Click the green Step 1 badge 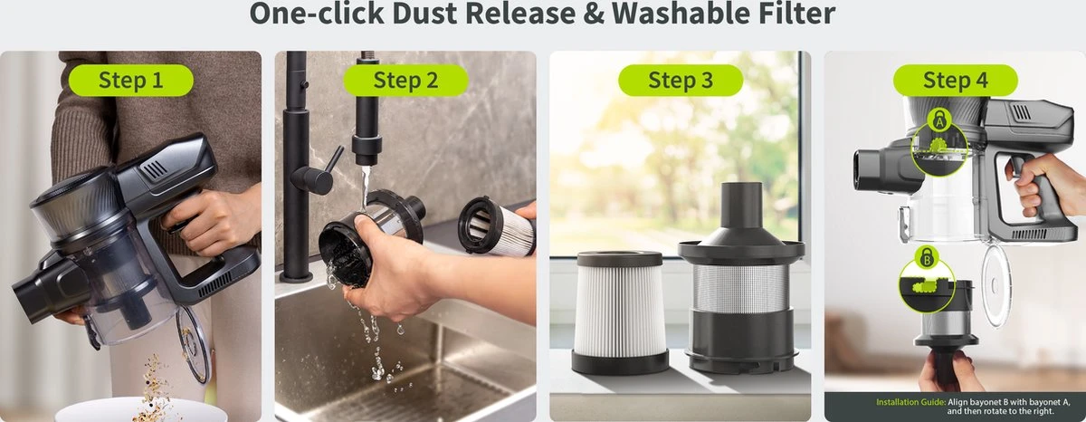coord(131,80)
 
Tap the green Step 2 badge coord(405,80)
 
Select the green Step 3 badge coord(681,80)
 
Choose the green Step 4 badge coord(956,80)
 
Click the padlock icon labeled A coord(939,119)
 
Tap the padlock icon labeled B coord(927,257)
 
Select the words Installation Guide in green coord(910,402)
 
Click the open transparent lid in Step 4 coord(996,285)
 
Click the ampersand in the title coord(594,13)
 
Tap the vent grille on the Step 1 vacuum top coord(154,169)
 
